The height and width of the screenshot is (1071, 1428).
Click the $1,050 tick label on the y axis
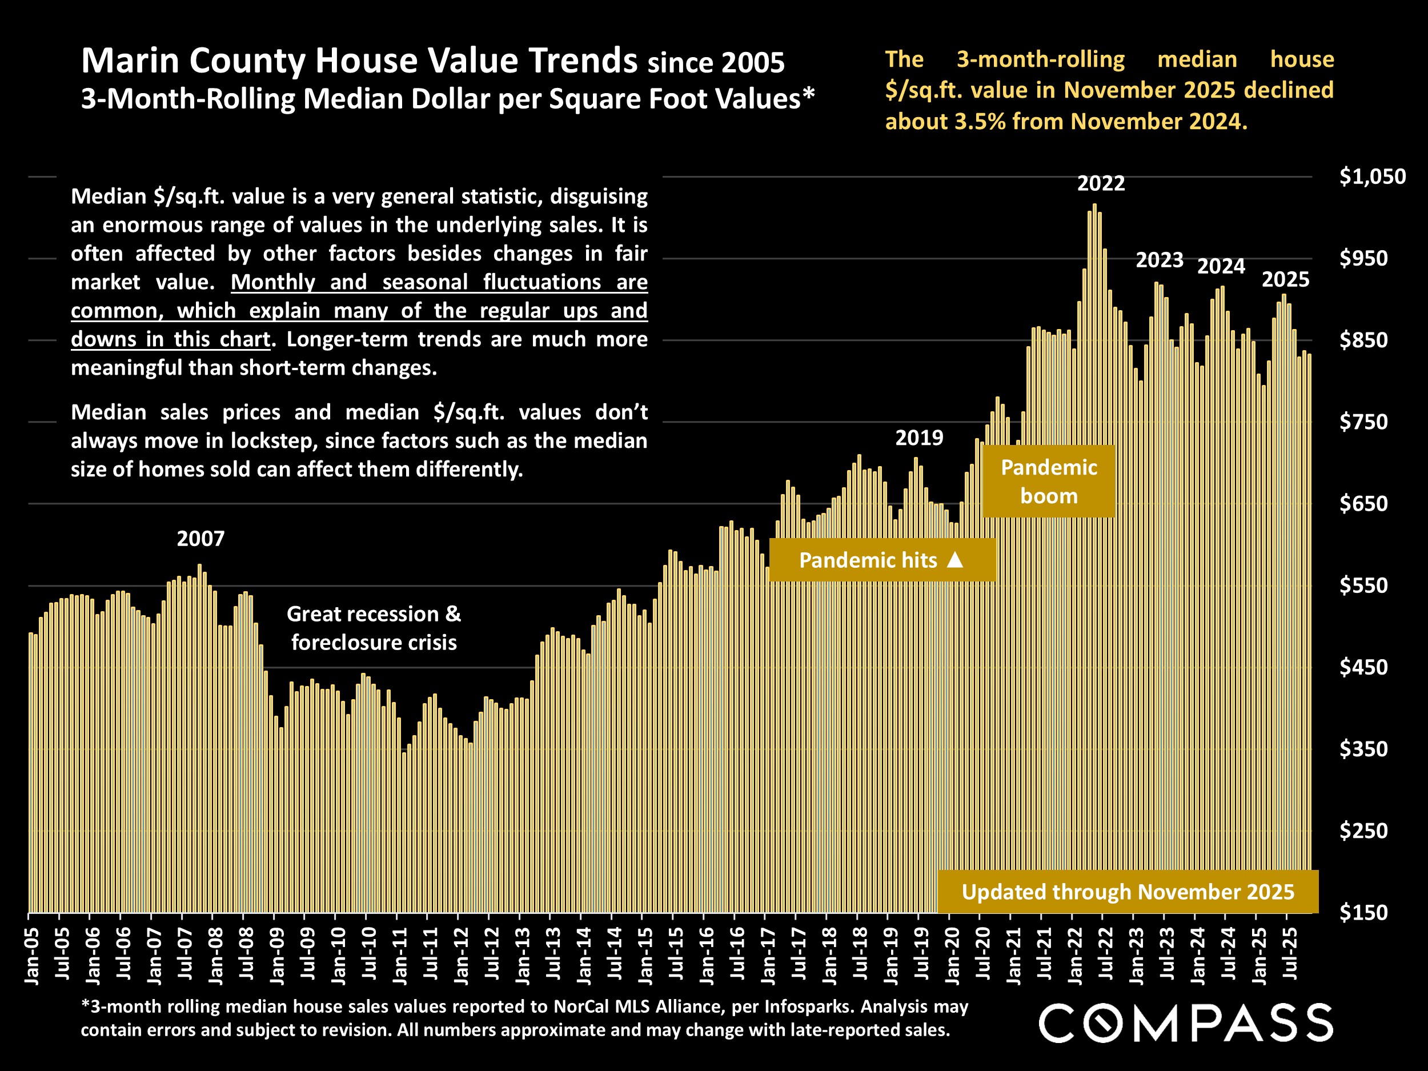pos(1372,177)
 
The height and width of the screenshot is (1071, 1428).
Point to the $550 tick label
pos(1363,585)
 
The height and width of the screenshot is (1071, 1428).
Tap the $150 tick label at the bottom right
pos(1363,913)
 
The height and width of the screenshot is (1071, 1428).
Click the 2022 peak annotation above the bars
pos(1101,184)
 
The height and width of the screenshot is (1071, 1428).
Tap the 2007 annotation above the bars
pos(200,539)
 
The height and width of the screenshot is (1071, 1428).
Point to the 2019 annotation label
pos(918,438)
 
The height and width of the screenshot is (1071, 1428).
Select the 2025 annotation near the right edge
pos(1285,279)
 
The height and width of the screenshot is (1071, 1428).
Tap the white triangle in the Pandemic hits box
pos(955,560)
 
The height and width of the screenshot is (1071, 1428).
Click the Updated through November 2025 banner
pos(1127,892)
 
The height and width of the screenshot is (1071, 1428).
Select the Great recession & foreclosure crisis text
pos(374,628)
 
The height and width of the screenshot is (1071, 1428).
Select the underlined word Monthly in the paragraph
pos(272,282)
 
